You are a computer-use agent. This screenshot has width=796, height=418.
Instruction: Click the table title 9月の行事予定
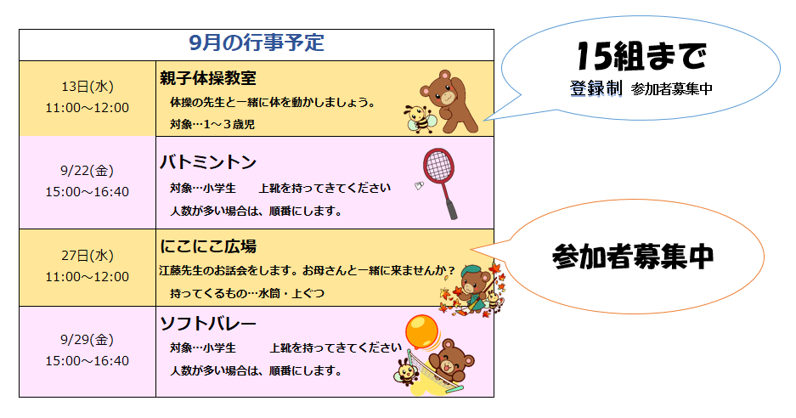tap(257, 43)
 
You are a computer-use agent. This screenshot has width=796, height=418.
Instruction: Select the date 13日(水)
tap(88, 87)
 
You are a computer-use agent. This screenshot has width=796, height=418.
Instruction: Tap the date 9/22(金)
tap(88, 171)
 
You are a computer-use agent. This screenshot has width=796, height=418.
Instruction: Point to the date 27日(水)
tap(88, 255)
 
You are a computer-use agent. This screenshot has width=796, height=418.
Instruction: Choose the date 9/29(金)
tap(88, 339)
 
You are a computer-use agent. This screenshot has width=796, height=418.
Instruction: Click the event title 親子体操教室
tap(208, 78)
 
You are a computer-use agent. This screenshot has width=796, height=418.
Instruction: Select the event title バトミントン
tap(208, 162)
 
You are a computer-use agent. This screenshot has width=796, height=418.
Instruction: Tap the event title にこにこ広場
tap(208, 246)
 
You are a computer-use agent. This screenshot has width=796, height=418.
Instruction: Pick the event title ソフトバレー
tap(208, 324)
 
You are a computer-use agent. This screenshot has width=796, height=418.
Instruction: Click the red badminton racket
tap(441, 184)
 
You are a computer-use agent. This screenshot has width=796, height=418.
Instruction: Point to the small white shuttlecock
tap(419, 186)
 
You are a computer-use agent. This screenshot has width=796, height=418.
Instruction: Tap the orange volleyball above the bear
tap(422, 331)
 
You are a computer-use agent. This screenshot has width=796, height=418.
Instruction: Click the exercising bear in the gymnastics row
tap(449, 101)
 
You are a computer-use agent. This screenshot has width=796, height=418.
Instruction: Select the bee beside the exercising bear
tap(420, 119)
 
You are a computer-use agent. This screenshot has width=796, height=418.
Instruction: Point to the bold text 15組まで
tap(641, 56)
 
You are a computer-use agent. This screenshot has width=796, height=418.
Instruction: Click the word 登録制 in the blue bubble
tap(596, 88)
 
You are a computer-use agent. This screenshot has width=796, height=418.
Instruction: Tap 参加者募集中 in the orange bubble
tap(633, 257)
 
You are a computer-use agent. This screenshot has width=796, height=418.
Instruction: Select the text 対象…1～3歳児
tap(212, 124)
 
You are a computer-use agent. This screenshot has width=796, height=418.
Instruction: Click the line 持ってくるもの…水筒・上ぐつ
tap(247, 293)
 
